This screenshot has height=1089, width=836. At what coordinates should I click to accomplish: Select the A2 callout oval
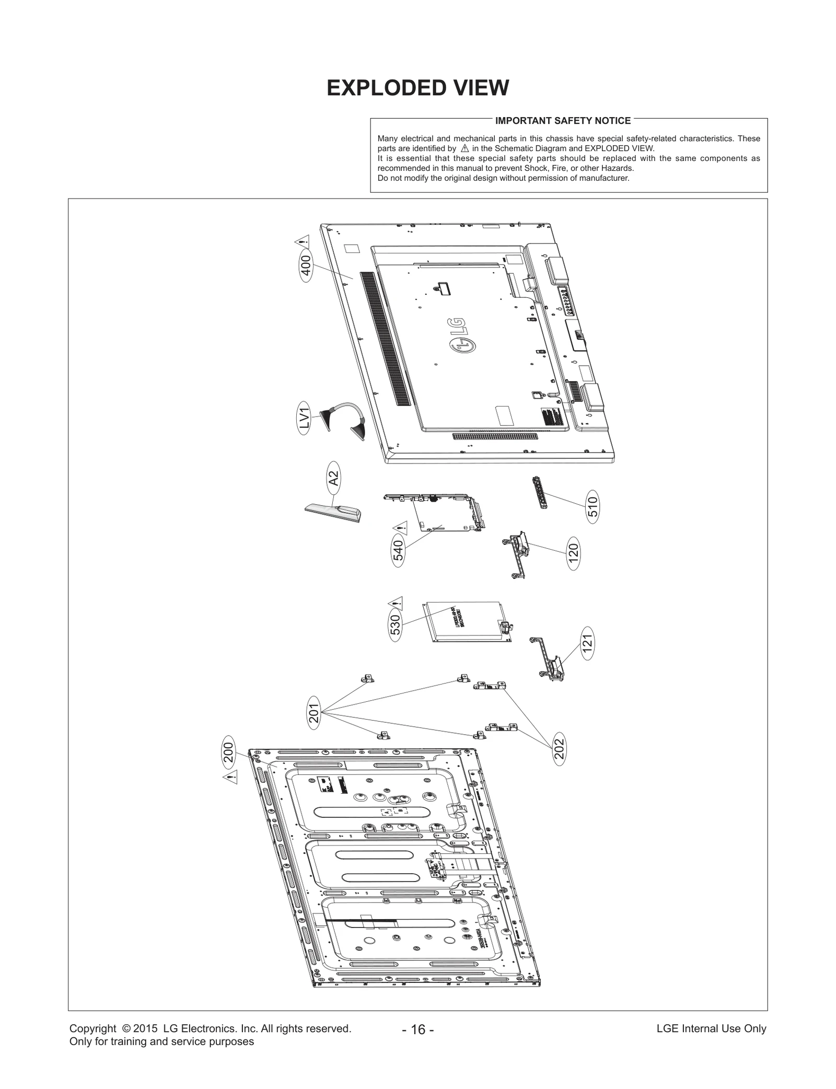(333, 478)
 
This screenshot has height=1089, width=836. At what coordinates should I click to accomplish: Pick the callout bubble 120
(574, 553)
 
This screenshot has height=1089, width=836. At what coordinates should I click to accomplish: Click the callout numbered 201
(313, 712)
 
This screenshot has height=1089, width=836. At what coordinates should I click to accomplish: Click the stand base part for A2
(333, 512)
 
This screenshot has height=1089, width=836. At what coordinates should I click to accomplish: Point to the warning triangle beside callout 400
(302, 242)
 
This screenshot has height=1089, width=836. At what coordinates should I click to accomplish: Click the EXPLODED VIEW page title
(417, 88)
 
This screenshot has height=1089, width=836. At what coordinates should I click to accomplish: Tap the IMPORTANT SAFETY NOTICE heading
(563, 121)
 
